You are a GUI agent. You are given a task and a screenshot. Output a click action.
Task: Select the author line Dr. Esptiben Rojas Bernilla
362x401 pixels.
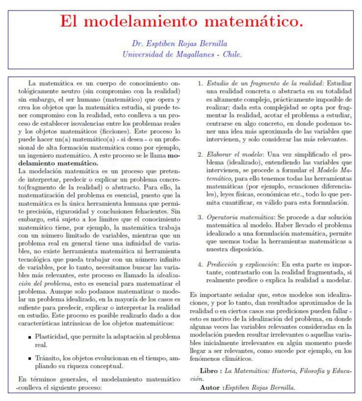(x=179, y=44)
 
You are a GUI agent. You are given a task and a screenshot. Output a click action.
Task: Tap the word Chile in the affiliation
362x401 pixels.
(x=232, y=54)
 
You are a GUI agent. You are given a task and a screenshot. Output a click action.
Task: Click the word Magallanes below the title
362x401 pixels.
(x=195, y=54)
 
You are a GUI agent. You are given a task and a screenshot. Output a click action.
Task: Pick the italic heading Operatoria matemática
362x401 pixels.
(x=240, y=217)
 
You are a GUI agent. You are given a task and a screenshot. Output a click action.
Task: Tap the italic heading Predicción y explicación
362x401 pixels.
(x=242, y=264)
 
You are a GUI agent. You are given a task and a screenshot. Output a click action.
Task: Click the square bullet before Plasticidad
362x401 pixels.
(x=30, y=337)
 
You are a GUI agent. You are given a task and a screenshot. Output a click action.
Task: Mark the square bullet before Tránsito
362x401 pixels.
(x=30, y=359)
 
